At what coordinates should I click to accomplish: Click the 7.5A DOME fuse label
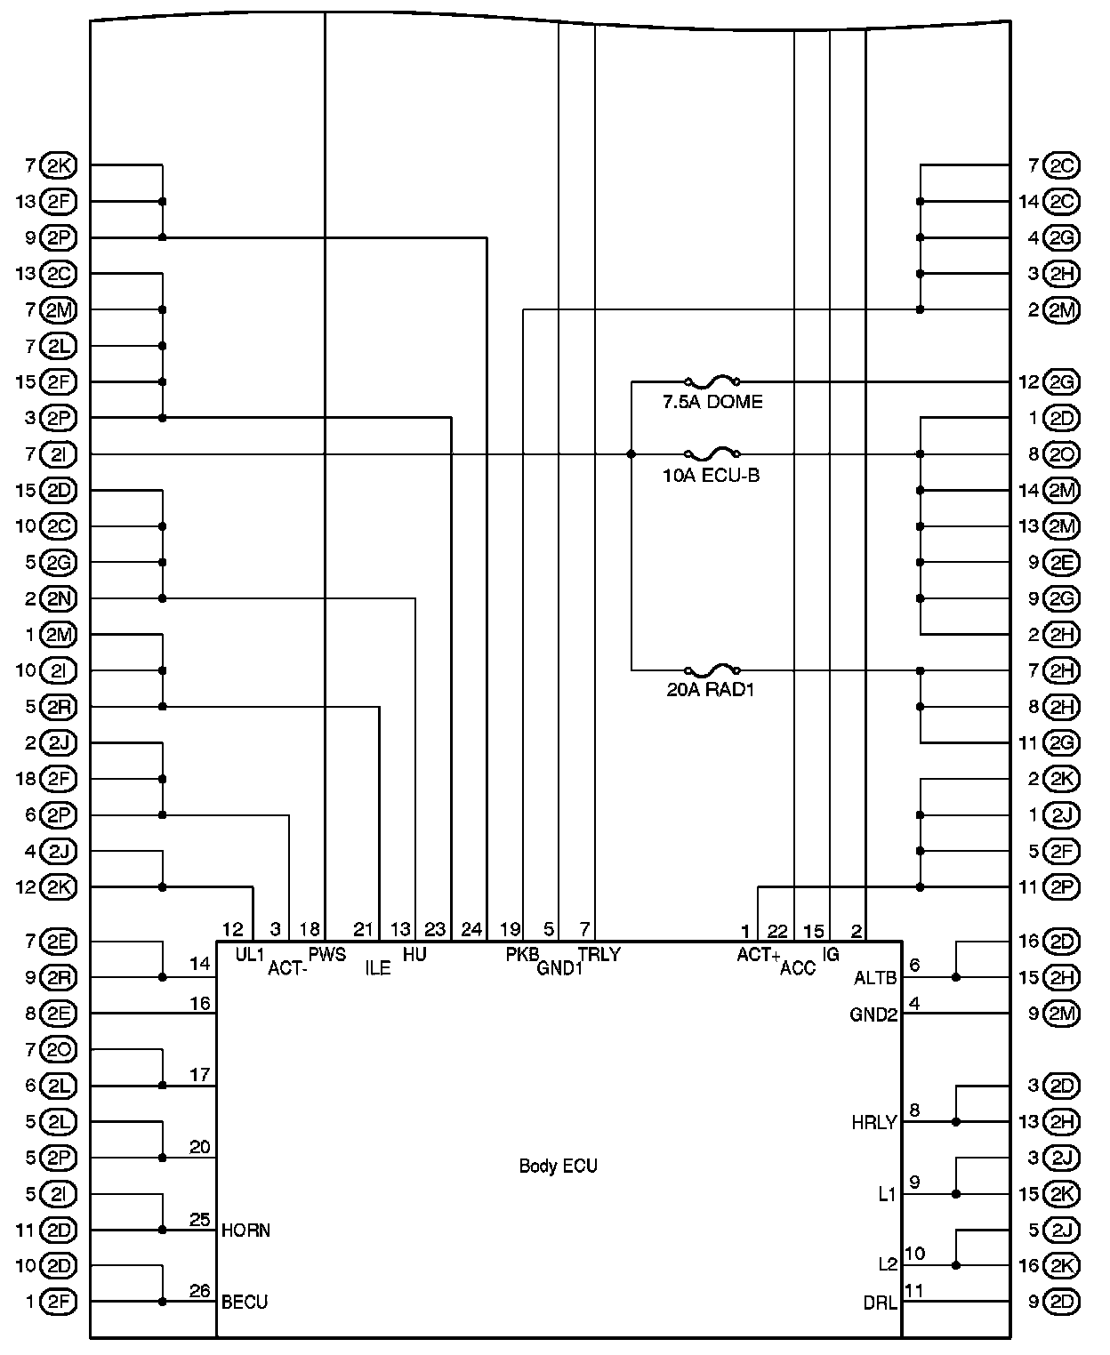click(x=712, y=402)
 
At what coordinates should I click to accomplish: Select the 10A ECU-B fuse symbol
click(x=712, y=454)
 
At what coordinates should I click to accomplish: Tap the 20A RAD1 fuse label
click(x=710, y=689)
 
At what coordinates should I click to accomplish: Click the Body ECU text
click(x=558, y=1166)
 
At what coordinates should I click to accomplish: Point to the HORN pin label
click(x=245, y=1231)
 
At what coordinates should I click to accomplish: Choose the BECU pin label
click(x=245, y=1302)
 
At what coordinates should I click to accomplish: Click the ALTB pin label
click(x=874, y=978)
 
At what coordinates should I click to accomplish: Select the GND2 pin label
click(x=873, y=1014)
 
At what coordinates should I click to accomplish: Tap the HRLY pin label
click(x=873, y=1123)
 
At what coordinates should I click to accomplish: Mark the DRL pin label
click(x=880, y=1303)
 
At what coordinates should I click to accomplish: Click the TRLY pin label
click(x=599, y=955)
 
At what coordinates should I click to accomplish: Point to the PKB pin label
click(x=522, y=955)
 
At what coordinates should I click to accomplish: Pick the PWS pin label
click(x=326, y=955)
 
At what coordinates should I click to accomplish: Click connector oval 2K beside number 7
click(x=60, y=165)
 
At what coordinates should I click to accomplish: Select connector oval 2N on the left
click(x=60, y=599)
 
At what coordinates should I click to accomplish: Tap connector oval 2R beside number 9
click(x=60, y=978)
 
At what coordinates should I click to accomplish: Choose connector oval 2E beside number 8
click(x=60, y=1014)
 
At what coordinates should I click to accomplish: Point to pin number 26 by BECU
click(x=200, y=1291)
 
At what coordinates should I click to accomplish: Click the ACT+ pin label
click(x=758, y=956)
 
